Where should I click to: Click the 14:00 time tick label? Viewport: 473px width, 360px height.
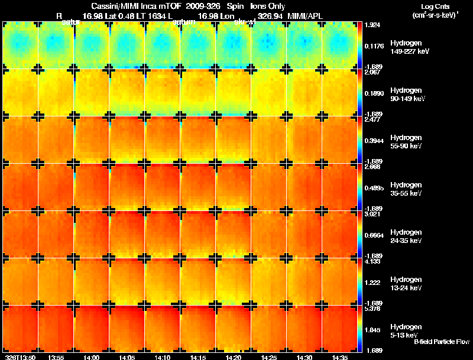click(92, 357)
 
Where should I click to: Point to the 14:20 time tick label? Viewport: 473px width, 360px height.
click(234, 357)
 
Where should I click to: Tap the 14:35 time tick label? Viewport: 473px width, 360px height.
click(340, 357)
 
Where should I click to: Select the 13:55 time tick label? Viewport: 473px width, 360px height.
click(56, 357)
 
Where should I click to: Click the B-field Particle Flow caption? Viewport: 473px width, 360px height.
click(441, 342)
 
